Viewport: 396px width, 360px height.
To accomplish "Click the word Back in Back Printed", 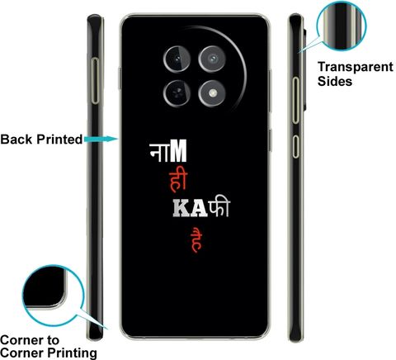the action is (16, 140).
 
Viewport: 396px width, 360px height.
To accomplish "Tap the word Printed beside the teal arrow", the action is (59, 140).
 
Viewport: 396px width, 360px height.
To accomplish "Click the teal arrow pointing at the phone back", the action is (101, 139).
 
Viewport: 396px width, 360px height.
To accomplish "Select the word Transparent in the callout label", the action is (356, 67).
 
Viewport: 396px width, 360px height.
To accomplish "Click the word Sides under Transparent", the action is (335, 81).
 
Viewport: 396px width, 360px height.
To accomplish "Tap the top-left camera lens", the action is (177, 59).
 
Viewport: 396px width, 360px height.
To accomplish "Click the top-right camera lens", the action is (212, 59).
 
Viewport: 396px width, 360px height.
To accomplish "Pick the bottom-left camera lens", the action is (177, 93).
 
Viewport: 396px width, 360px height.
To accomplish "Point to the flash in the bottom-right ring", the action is (212, 93).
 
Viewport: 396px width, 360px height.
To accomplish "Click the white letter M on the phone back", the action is (178, 151).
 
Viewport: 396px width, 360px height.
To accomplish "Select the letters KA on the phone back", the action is (191, 209).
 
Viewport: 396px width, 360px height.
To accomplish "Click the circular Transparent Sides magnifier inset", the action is (342, 26).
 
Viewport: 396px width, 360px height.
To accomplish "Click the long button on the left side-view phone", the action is (95, 80).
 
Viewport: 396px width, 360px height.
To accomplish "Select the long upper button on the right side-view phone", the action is (295, 100).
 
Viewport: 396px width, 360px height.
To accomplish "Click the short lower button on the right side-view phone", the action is (295, 146).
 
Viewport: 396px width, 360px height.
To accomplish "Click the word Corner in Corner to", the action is (22, 340).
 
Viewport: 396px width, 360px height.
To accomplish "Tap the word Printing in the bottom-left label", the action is (72, 353).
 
